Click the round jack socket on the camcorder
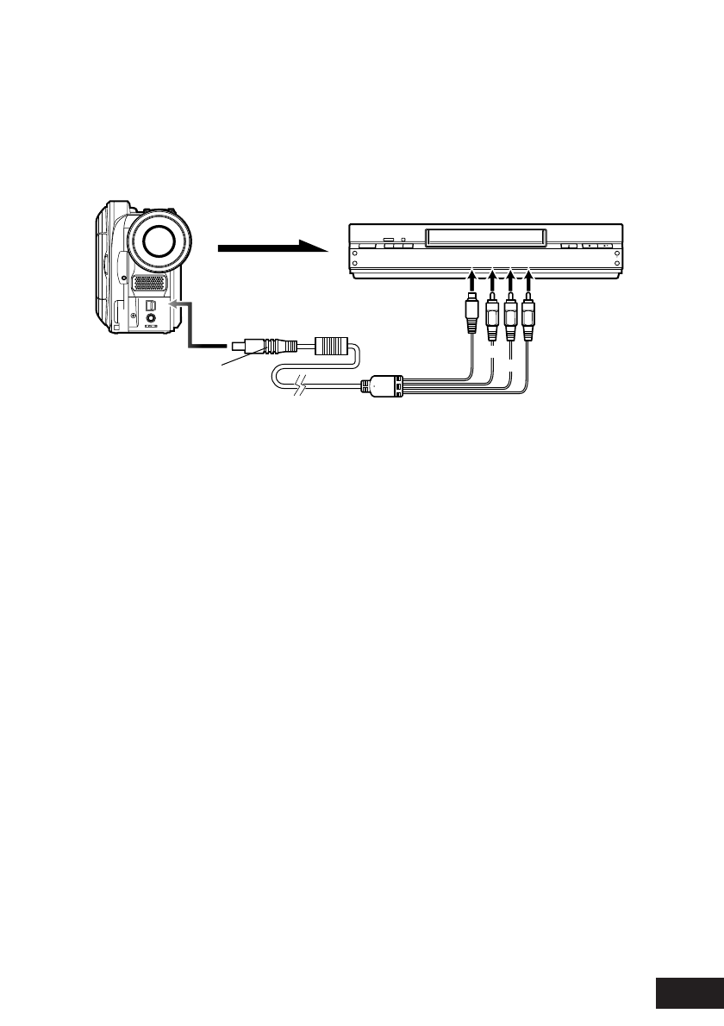click(153, 318)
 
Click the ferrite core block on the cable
click(332, 347)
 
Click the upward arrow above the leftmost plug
click(471, 281)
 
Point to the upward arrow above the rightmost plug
click(528, 281)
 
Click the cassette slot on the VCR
click(484, 235)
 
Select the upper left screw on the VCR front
click(355, 253)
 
